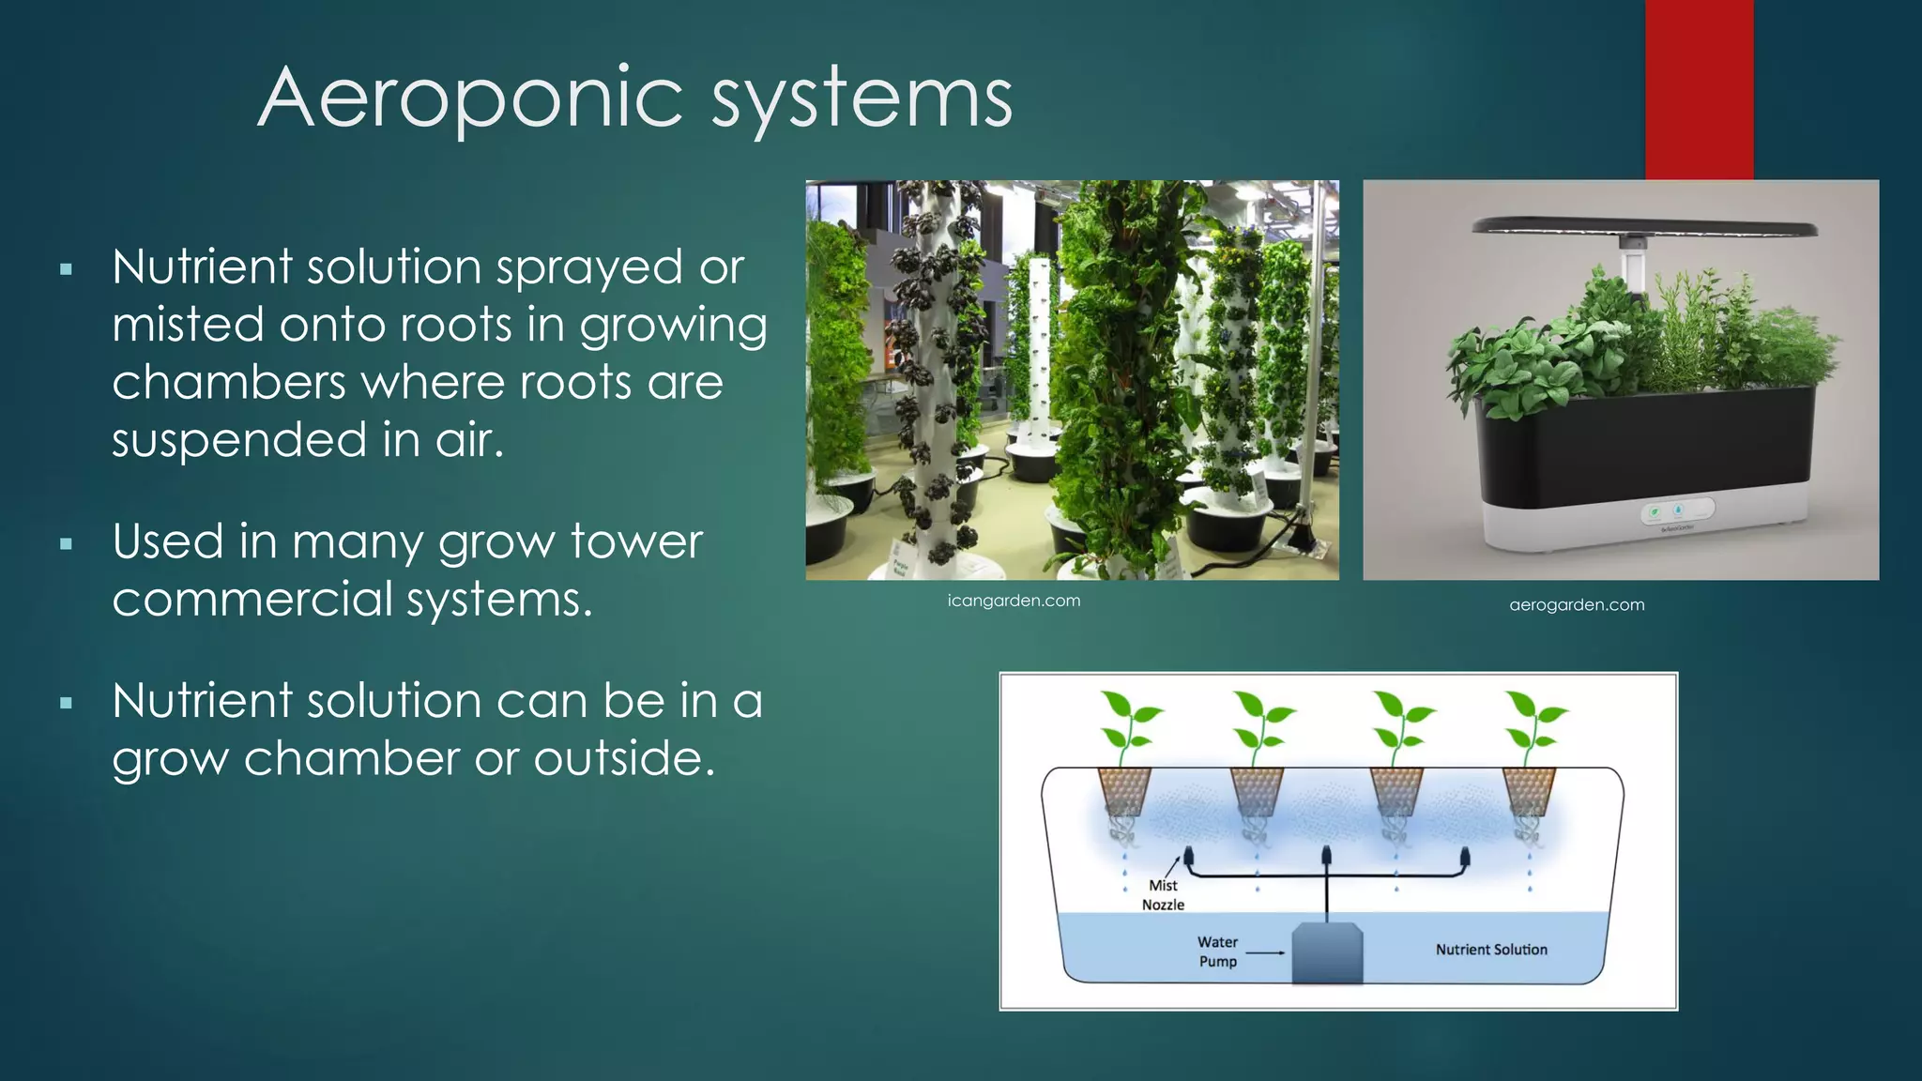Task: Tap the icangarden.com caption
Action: tap(1014, 601)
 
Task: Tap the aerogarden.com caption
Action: tap(1577, 605)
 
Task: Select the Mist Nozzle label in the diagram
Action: tap(1163, 895)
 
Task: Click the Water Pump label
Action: tap(1217, 952)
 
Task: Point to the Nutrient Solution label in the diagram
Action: tap(1491, 950)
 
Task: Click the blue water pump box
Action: tap(1327, 953)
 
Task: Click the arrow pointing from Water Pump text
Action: tap(1266, 952)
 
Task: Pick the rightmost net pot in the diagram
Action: tap(1529, 790)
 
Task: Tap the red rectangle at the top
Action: tap(1699, 89)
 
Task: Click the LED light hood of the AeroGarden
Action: tap(1644, 226)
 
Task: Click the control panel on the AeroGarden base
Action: tap(1678, 511)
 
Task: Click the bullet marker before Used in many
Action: tap(66, 543)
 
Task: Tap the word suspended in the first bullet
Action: tap(238, 440)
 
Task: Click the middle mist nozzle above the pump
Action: tap(1326, 855)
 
